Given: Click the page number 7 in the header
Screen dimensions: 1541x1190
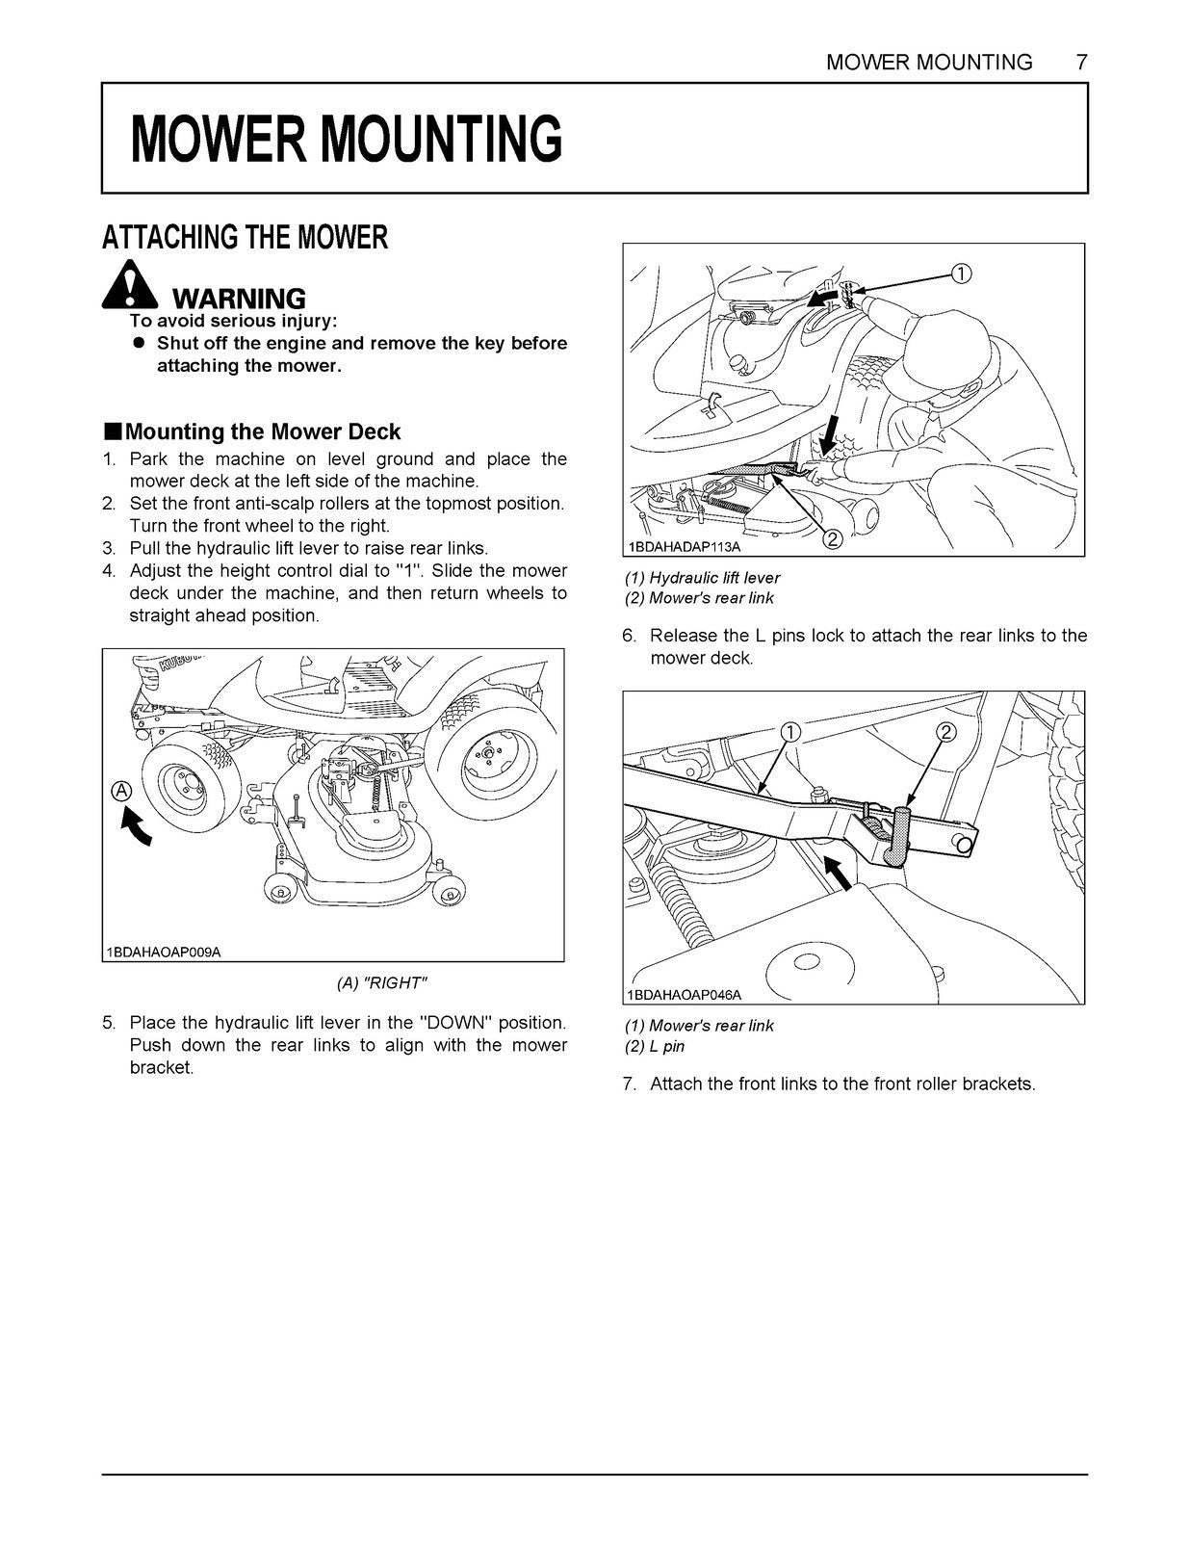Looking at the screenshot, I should click(x=1081, y=63).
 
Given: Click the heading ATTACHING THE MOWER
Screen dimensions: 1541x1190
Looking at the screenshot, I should click(x=245, y=237).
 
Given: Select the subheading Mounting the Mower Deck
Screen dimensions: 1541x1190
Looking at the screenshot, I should click(x=262, y=431).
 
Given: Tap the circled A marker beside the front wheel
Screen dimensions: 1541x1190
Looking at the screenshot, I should click(x=121, y=791).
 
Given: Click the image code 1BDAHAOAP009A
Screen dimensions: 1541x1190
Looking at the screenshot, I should click(x=164, y=952).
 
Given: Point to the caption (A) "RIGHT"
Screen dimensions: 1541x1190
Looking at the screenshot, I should click(x=381, y=982).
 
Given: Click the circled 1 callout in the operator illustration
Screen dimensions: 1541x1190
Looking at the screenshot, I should click(x=960, y=274).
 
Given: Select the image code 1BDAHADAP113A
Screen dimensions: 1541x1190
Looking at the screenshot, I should click(x=685, y=546).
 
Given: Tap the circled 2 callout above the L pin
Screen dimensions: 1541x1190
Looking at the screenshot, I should click(x=944, y=733).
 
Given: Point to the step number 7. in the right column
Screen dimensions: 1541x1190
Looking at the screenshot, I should click(x=630, y=1084).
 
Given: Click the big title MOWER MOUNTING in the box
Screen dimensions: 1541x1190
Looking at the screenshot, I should click(x=346, y=139).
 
